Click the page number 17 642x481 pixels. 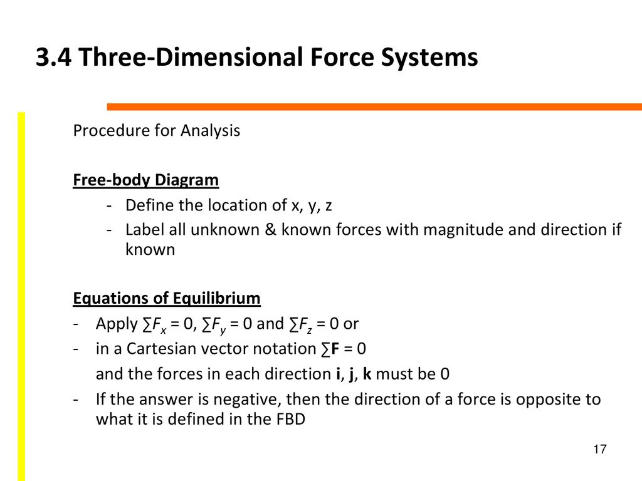coord(600,449)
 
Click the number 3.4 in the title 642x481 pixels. coord(54,57)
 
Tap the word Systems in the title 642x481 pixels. coord(429,58)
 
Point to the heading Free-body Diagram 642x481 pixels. coord(145,180)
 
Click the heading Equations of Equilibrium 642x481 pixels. coord(167,299)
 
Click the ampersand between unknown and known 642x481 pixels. coord(270,229)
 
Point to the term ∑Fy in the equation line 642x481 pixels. coord(214,325)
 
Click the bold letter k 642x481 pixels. coord(367,374)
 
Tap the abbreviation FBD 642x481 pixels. coord(291,419)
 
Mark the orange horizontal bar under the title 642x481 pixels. coord(374,106)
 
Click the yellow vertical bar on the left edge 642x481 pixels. coord(21,296)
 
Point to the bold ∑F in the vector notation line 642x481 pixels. coord(330,349)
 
